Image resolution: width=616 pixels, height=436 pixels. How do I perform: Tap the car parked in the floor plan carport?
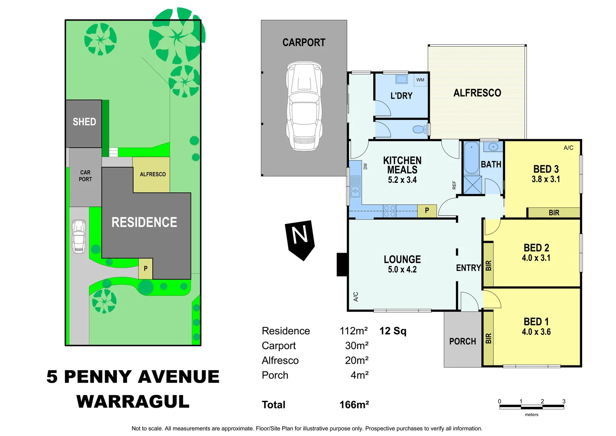(304, 106)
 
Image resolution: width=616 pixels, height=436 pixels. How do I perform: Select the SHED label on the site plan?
(84, 122)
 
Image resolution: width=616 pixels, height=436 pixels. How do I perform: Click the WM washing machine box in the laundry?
(420, 80)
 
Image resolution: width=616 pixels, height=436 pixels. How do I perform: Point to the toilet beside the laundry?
(419, 130)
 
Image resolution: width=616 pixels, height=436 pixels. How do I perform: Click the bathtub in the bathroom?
(471, 158)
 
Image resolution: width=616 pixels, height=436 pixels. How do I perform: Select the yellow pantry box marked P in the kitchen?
(427, 210)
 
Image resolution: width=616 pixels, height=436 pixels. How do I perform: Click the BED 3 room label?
(546, 169)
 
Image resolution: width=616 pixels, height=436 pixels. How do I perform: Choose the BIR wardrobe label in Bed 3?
(554, 213)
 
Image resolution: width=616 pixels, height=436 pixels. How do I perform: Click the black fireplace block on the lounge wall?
(342, 264)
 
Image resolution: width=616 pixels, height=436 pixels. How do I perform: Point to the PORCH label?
(462, 342)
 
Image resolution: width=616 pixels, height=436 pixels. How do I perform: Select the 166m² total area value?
(354, 405)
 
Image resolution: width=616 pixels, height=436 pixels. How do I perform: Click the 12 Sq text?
(393, 331)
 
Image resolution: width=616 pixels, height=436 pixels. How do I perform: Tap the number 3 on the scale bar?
(564, 401)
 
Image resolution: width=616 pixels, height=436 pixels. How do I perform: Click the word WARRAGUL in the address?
(133, 402)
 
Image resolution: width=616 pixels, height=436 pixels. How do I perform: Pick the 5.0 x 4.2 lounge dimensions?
(402, 270)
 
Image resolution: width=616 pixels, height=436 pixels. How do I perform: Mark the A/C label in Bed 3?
(568, 148)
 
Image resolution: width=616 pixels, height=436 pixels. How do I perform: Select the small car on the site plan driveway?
(79, 237)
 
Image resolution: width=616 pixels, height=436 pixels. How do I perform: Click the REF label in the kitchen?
(454, 185)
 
